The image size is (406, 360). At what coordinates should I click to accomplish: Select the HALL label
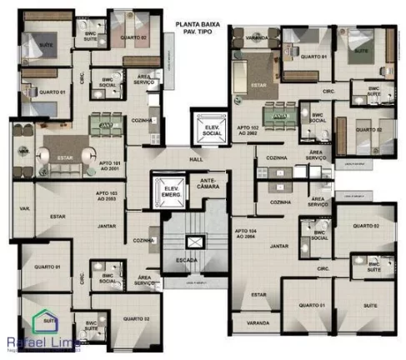[197, 157]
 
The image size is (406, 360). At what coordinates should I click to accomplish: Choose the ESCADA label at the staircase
[187, 259]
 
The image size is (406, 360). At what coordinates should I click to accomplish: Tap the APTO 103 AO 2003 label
[111, 196]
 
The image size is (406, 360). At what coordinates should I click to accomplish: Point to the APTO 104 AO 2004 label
[248, 233]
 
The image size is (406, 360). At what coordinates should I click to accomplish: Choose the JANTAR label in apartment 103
[106, 226]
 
